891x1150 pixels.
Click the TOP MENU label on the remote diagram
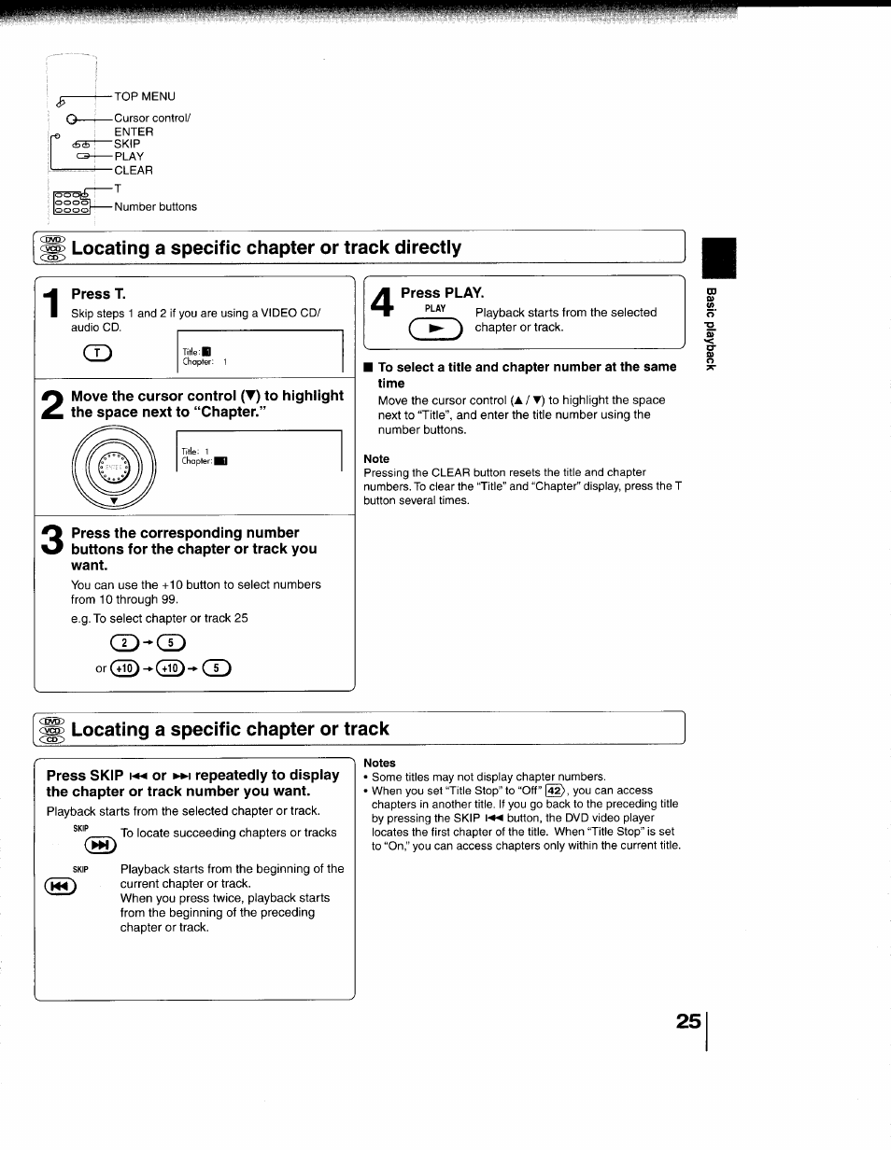tap(144, 96)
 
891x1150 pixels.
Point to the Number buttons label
tap(155, 207)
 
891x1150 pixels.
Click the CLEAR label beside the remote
tap(134, 171)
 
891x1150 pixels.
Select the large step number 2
tap(53, 404)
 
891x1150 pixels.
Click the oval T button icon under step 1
tap(97, 353)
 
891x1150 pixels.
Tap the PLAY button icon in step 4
tap(435, 330)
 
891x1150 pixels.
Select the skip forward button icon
tap(99, 846)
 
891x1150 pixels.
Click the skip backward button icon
tap(60, 887)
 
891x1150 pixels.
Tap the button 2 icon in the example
tap(124, 641)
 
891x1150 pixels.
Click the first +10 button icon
tap(124, 667)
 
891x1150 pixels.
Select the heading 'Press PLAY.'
tap(442, 292)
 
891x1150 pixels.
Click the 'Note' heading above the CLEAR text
tap(376, 459)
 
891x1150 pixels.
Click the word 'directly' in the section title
tap(421, 247)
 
